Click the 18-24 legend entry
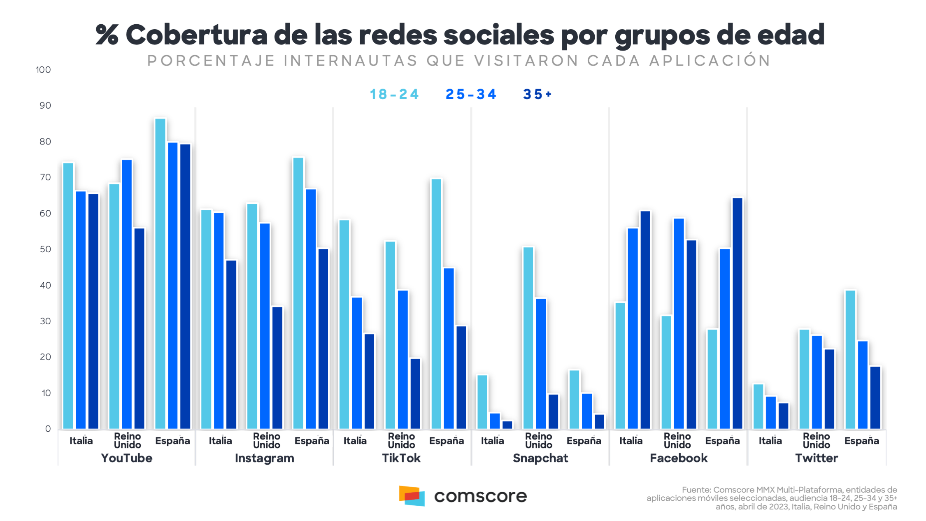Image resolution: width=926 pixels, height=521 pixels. coord(394,94)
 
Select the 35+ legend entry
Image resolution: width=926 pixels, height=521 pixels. coord(537,94)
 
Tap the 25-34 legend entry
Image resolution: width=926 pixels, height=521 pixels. coord(471,94)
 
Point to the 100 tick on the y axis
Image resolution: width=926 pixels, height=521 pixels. coord(43,70)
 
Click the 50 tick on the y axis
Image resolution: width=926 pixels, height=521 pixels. coord(45,249)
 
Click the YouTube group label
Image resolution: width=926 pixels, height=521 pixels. coord(126,458)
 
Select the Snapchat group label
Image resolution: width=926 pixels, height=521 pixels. coord(540,458)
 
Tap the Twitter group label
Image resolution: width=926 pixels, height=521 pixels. coord(816,458)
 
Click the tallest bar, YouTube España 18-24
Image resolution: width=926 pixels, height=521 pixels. coord(160,274)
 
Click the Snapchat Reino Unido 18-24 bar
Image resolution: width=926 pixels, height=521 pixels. coord(528,338)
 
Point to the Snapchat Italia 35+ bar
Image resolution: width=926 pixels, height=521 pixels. coord(507,425)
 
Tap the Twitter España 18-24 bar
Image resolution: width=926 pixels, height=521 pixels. coord(850,360)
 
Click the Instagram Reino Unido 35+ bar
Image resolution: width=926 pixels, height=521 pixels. coord(277,368)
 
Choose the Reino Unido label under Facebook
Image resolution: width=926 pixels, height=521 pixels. coord(677,440)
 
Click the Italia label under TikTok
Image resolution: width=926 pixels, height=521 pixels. coord(355,441)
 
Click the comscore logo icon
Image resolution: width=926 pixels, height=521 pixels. coord(412,496)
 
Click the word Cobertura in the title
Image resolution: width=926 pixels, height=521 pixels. coord(196,35)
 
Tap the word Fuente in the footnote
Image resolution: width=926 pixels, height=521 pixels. coord(696,490)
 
